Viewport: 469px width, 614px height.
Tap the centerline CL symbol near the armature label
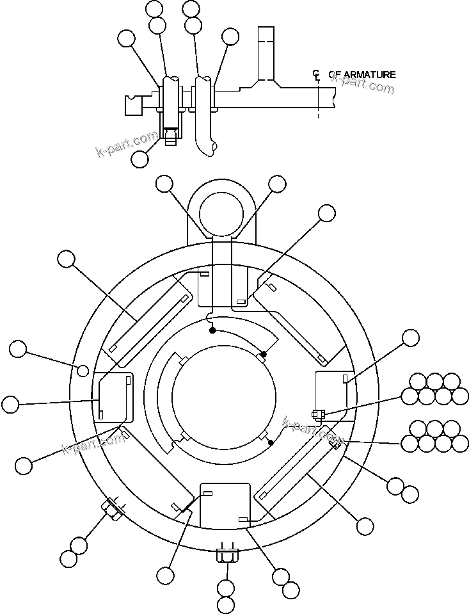tap(316, 76)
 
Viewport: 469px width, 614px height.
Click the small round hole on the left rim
tap(83, 371)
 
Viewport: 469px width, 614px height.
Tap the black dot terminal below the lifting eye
tap(212, 330)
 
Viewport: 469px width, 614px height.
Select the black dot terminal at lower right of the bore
tap(271, 442)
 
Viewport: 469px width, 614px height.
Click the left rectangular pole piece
tap(114, 398)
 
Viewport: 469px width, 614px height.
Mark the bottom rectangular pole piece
tap(225, 505)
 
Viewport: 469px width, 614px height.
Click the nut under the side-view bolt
tap(170, 136)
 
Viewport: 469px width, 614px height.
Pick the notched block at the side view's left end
tap(133, 104)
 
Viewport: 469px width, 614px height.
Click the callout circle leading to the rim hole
tap(18, 350)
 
